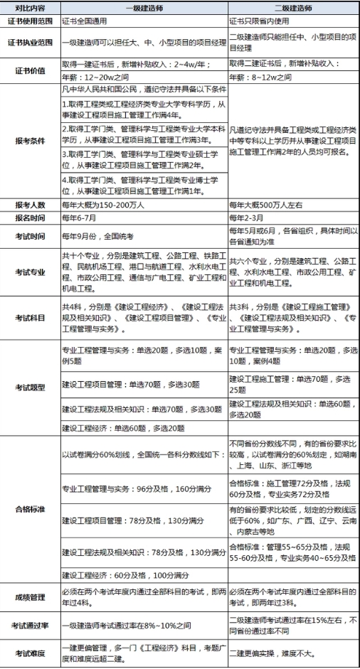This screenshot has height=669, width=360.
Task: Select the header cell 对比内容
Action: click(x=30, y=7)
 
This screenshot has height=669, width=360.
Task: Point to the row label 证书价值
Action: click(x=30, y=71)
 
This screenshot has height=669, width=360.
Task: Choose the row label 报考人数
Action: click(x=30, y=203)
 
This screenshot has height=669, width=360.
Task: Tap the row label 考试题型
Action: click(x=30, y=387)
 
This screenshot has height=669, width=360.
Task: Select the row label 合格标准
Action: click(x=30, y=509)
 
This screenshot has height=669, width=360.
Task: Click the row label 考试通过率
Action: click(x=30, y=625)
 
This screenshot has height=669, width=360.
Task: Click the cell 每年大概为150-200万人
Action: click(x=107, y=203)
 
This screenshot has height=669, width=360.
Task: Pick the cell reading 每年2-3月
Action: click(x=248, y=216)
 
